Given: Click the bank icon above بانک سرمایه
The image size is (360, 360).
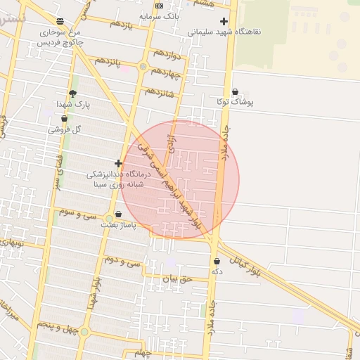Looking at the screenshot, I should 160,6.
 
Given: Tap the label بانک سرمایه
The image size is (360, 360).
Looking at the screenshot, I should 160,15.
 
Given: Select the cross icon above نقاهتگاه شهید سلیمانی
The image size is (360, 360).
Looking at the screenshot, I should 224,22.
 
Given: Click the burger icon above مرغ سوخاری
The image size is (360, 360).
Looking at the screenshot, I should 60,22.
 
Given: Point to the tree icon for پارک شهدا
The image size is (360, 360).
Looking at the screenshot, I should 72,94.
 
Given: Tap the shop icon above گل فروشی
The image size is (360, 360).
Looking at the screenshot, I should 64,119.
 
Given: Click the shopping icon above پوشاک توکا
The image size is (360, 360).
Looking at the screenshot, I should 235,91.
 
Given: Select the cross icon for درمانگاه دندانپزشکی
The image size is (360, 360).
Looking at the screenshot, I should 118,163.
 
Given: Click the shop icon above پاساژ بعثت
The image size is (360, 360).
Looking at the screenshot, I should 117,214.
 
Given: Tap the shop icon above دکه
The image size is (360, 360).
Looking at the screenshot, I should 217,262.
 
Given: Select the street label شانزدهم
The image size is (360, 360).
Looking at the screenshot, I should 159,91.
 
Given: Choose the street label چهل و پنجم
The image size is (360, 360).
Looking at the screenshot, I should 54,326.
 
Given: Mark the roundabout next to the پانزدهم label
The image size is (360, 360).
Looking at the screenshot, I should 143,67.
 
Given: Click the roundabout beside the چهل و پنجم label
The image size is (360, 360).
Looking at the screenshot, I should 84,332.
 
